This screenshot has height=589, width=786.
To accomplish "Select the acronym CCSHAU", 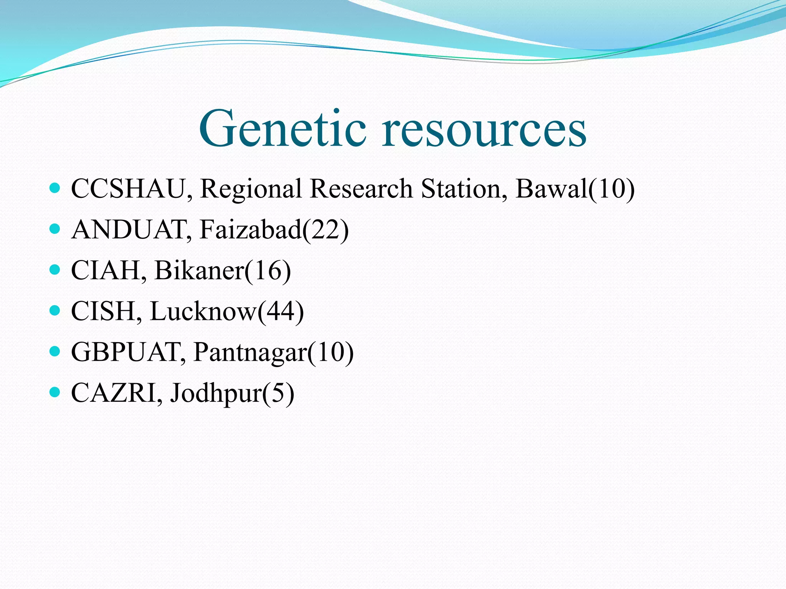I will (129, 189).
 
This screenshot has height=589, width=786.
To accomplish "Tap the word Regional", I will (251, 189).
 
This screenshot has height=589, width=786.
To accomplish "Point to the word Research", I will (361, 189).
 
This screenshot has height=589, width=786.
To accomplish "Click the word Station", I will (461, 189).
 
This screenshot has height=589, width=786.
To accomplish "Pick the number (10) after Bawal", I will (612, 189).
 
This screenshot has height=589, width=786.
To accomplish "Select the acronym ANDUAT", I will (129, 230).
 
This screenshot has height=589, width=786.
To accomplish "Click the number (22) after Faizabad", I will (326, 230).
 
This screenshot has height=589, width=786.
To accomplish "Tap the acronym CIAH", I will (106, 271).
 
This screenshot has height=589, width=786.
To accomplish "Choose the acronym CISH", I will (104, 311).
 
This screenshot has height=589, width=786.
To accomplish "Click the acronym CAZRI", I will (114, 393).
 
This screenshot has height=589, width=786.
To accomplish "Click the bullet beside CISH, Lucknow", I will (55, 310).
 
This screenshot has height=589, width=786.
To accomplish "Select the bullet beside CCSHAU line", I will (55, 188).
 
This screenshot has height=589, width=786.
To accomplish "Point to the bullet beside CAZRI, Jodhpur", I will (55, 392).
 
